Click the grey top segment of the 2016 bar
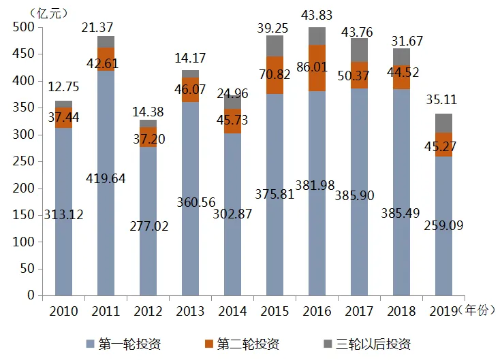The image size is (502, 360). [x=317, y=36]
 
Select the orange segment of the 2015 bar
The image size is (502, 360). [x=274, y=76]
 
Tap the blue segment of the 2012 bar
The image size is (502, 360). [x=148, y=221]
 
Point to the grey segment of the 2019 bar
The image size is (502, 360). [x=443, y=123]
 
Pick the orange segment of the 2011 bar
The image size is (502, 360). [x=106, y=59]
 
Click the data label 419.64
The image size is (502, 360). [x=106, y=178]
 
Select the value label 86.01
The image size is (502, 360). [x=312, y=67]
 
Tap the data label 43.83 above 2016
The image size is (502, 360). [x=317, y=15]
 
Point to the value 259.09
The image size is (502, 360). [x=443, y=226]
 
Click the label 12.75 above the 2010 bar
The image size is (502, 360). [x=63, y=86]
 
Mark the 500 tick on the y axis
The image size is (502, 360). [x=23, y=27]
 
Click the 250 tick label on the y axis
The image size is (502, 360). [x=23, y=161]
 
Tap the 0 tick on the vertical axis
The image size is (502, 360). [x=31, y=295]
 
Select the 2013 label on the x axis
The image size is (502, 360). [x=190, y=311]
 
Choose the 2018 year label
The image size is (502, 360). [x=401, y=311]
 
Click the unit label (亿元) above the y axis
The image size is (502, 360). [x=48, y=14]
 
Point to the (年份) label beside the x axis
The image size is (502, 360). [x=477, y=310]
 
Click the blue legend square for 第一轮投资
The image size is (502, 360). [x=91, y=344]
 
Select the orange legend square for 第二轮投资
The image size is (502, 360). [x=209, y=344]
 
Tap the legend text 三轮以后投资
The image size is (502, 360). [x=373, y=344]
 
